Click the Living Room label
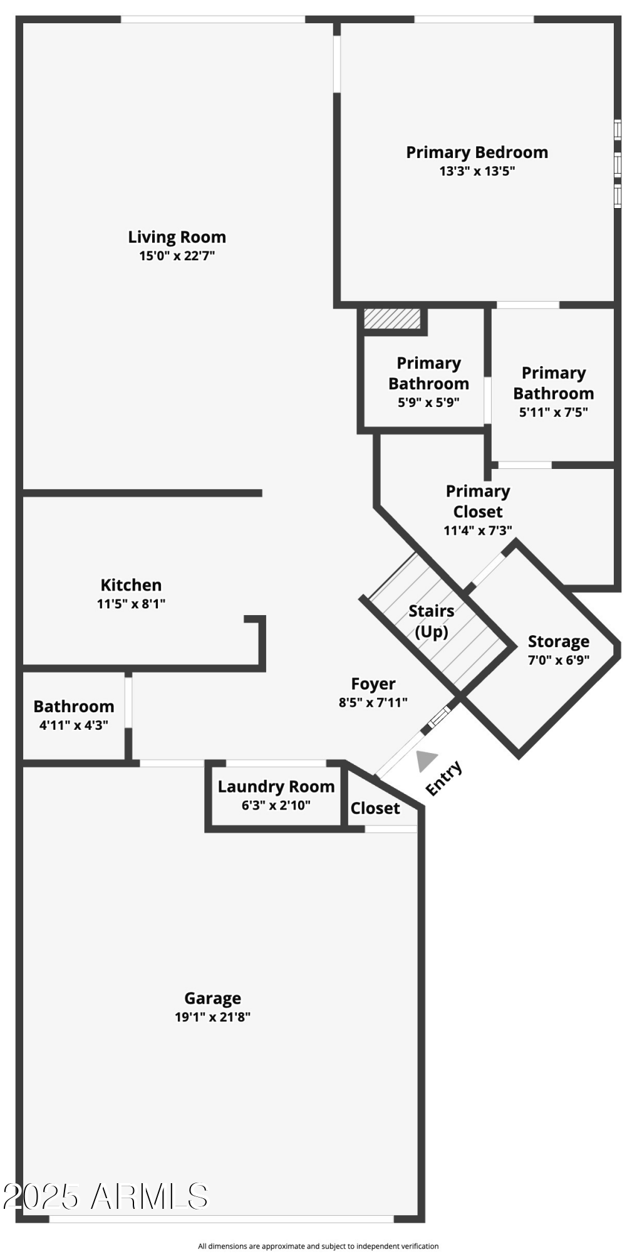pos(177,237)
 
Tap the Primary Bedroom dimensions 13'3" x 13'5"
pos(477,171)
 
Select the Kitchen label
pos(131,585)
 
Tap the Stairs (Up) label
pos(432,621)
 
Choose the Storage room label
pos(558,641)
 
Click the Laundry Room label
pos(276,786)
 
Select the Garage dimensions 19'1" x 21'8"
pos(212,1016)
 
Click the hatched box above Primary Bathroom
pos(392,318)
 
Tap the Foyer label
pos(373,683)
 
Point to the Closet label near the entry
pos(375,808)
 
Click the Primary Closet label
pos(477,501)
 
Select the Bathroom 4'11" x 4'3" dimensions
pos(73,725)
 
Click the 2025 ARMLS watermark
pos(105,1196)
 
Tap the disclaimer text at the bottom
pos(318,1246)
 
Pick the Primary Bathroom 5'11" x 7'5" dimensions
pos(553,412)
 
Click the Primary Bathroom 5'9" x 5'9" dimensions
pos(428,403)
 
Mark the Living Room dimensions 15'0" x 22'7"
pos(177,256)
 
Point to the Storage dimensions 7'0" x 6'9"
pos(558,660)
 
